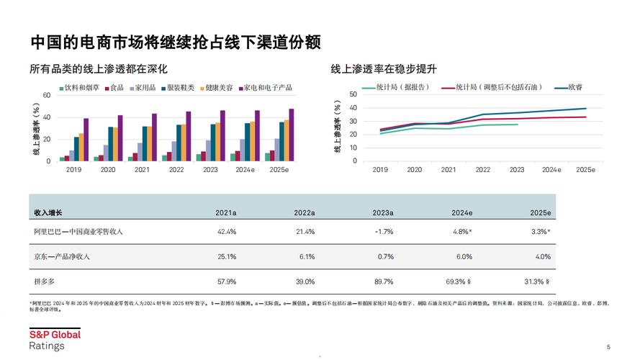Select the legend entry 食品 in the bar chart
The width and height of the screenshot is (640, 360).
115,88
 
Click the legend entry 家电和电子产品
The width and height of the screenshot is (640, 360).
267,88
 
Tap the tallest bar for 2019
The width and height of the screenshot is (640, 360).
86,140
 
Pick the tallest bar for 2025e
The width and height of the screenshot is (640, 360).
292,135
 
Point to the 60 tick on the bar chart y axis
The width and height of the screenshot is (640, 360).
47,95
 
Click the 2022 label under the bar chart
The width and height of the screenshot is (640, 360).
176,170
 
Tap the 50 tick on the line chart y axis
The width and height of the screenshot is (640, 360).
353,94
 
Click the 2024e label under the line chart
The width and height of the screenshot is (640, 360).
551,170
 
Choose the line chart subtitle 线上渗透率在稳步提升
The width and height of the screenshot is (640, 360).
384,69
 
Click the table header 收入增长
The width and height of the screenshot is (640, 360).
48,213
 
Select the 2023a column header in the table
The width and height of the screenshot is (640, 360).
383,213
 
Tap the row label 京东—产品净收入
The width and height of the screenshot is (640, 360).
62,256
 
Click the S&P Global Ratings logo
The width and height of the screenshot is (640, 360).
55,340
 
